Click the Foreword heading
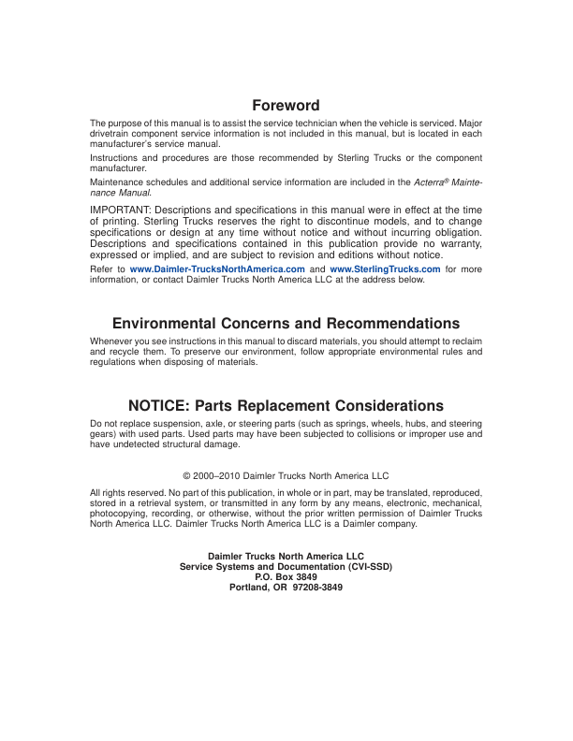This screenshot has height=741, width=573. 286,106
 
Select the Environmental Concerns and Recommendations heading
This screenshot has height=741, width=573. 286,324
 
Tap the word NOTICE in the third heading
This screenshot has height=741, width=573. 161,406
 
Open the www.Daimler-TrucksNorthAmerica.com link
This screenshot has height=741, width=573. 217,269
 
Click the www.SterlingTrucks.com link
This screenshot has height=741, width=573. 385,269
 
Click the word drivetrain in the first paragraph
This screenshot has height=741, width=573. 110,133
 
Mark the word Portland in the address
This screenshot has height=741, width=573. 250,589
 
